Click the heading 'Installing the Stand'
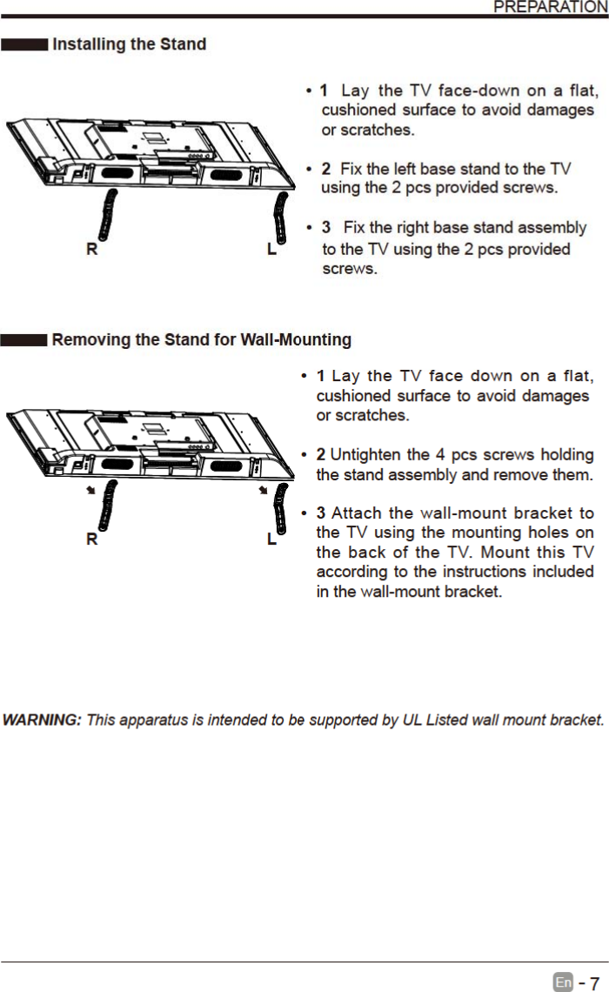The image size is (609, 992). coord(130,44)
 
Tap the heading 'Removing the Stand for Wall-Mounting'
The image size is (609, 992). coord(202,339)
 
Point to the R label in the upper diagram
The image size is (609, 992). coord(91,250)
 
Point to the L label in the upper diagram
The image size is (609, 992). coord(272,250)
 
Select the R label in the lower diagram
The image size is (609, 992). coord(91,540)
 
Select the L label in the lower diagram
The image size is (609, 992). coord(272,540)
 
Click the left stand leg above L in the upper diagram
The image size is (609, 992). coord(280,219)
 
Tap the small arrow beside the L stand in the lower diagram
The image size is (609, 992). coord(262,491)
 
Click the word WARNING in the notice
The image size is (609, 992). coord(42,721)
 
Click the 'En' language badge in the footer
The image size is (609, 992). coord(563,982)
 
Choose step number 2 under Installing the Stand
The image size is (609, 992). coord(325,168)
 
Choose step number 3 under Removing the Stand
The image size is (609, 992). coord(321,513)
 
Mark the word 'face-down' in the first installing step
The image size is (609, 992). coord(475,90)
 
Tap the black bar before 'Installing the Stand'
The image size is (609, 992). coord(23,44)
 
